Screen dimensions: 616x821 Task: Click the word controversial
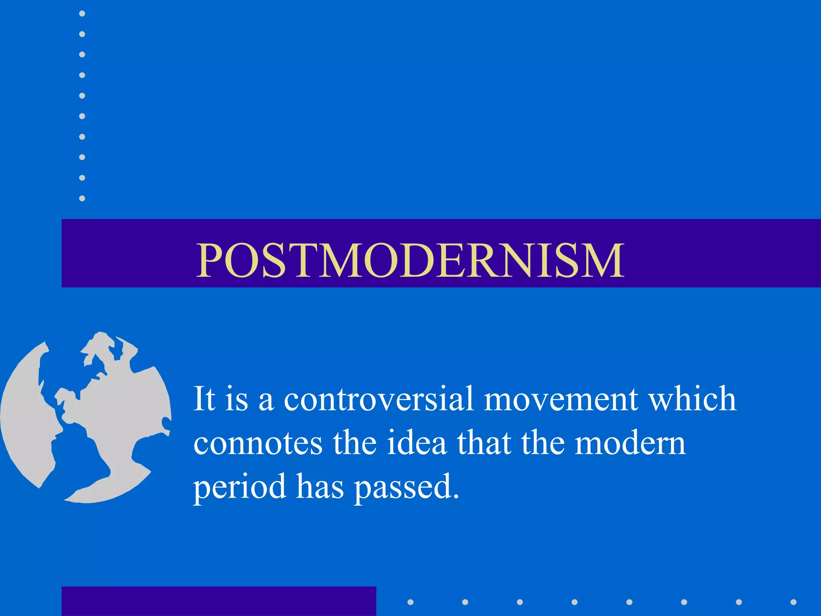[x=379, y=399]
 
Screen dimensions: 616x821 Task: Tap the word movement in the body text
[x=561, y=400]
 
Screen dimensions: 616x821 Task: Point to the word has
[x=320, y=487]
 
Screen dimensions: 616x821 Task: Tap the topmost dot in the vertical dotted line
[x=82, y=14]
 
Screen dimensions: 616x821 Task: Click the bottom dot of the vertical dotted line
[x=82, y=199]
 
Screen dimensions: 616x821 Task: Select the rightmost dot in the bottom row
[x=793, y=602]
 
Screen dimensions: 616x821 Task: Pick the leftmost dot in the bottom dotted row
[x=410, y=602]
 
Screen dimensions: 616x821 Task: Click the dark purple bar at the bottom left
[x=218, y=601]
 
